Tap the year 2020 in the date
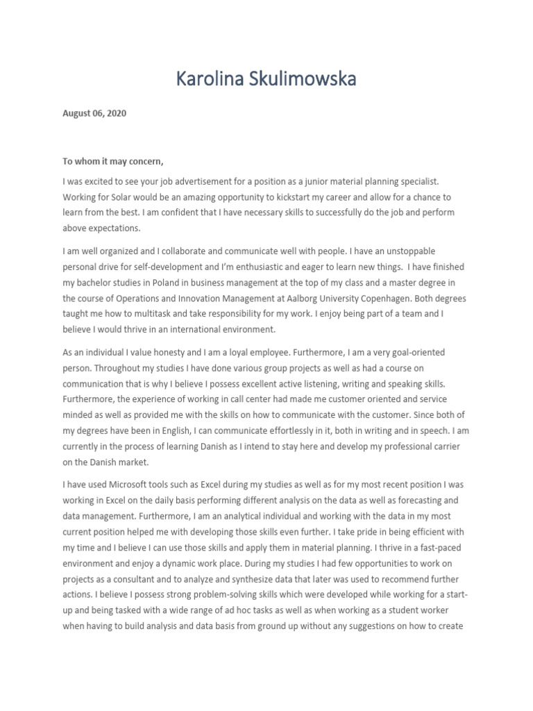(116, 113)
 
